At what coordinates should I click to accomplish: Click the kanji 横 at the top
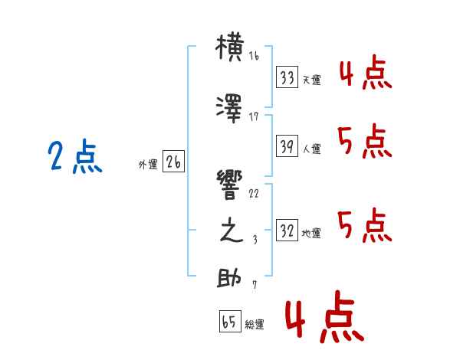(230, 47)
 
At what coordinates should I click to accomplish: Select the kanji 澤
(229, 109)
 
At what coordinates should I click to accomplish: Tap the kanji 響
(230, 185)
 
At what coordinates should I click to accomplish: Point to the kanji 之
(232, 230)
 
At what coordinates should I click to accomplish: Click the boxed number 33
(287, 77)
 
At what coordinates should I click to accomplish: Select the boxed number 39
(287, 146)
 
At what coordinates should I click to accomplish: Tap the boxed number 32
(287, 230)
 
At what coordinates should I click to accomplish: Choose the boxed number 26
(173, 162)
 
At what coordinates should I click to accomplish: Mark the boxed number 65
(230, 321)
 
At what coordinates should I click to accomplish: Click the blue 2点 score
(75, 156)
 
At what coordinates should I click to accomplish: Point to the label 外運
(148, 165)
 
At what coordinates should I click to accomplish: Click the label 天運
(311, 80)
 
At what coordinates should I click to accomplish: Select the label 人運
(311, 149)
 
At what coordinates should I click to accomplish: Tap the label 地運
(311, 233)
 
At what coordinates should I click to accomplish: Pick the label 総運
(255, 324)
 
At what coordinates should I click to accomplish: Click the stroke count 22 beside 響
(254, 194)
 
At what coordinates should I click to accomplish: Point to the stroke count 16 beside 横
(254, 56)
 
